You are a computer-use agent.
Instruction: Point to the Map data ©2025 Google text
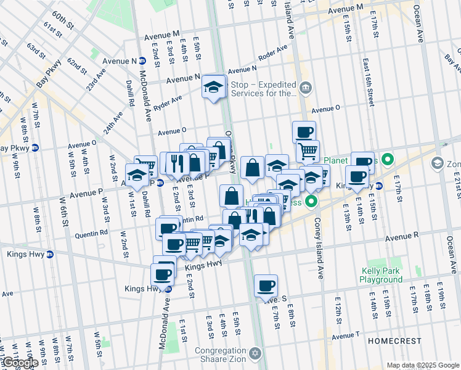tap(422, 365)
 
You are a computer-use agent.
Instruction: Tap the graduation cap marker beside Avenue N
tap(214, 87)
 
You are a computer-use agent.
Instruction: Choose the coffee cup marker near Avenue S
tap(266, 286)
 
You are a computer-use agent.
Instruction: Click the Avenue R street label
tap(402, 236)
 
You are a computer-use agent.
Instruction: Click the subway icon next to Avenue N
tap(142, 60)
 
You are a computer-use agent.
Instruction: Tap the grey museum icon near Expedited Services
tap(305, 89)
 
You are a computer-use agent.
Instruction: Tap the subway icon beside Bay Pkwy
tap(35, 148)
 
